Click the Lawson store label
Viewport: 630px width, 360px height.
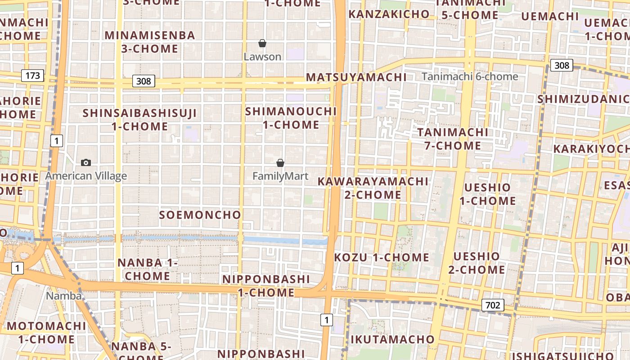(x=262, y=57)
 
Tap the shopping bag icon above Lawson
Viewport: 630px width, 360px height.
(x=262, y=43)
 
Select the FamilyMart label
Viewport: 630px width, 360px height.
(x=280, y=176)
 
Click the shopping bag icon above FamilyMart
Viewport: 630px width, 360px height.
(x=280, y=163)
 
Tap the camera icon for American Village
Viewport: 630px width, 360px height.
(x=85, y=162)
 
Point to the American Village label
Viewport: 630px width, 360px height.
(x=86, y=176)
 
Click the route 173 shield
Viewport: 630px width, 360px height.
(x=33, y=75)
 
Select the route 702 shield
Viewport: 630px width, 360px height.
(x=493, y=305)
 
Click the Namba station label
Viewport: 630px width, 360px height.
(x=64, y=296)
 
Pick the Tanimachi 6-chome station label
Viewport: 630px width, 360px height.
(x=470, y=76)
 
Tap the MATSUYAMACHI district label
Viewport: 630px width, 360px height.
(x=356, y=77)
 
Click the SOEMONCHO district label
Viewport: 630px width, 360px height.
(x=200, y=215)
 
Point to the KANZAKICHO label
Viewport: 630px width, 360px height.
(x=389, y=14)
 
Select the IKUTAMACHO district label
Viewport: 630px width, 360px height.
(x=392, y=339)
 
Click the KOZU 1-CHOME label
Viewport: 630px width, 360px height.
(x=382, y=257)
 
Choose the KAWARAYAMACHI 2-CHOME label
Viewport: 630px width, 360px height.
(x=373, y=188)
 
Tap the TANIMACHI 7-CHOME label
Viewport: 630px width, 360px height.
(x=453, y=139)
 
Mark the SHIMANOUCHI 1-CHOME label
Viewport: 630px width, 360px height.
(x=291, y=118)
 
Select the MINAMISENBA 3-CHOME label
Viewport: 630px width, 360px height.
(x=150, y=42)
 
